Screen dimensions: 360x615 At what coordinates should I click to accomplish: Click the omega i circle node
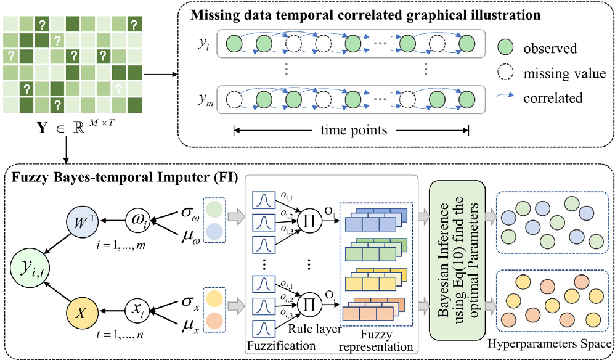point(138,220)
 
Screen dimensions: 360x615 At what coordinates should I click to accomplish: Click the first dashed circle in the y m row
point(234,98)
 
